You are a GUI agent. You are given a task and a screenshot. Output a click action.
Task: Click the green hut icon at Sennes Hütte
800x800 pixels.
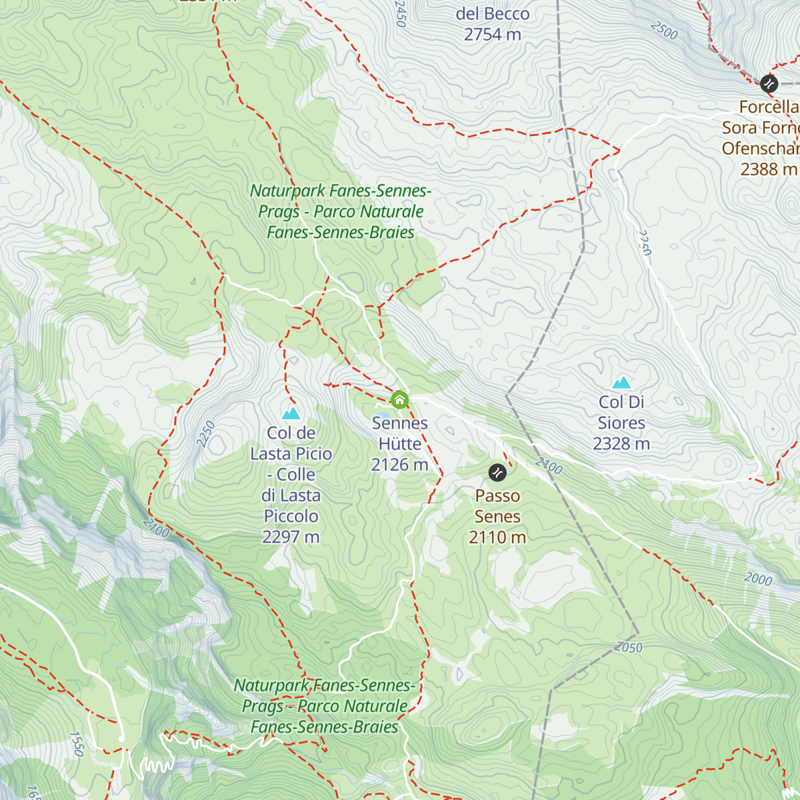pyautogui.click(x=399, y=400)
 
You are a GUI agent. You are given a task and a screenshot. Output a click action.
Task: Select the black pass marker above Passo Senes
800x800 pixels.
pyautogui.click(x=497, y=473)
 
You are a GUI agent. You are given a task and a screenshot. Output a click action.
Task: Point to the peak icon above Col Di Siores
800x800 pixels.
pyautogui.click(x=621, y=382)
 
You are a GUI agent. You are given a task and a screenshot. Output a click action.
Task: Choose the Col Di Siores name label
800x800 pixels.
pyautogui.click(x=621, y=412)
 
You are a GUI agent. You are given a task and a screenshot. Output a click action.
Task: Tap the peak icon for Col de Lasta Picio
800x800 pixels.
pyautogui.click(x=291, y=413)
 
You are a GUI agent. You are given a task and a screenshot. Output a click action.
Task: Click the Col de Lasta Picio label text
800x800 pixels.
pyautogui.click(x=291, y=474)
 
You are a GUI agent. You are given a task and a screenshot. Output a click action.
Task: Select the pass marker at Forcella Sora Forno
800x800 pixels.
pyautogui.click(x=769, y=83)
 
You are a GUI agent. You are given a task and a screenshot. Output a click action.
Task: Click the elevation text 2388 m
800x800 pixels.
pyautogui.click(x=768, y=169)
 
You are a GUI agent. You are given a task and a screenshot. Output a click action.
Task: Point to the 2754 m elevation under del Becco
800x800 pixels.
pyautogui.click(x=492, y=35)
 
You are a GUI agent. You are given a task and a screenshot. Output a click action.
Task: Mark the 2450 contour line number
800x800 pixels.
pyautogui.click(x=400, y=14)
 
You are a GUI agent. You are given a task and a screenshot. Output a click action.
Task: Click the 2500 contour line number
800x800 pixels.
pyautogui.click(x=664, y=31)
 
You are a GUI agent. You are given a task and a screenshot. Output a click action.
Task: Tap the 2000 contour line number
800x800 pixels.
pyautogui.click(x=758, y=579)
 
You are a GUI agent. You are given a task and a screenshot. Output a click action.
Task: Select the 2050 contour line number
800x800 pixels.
pyautogui.click(x=629, y=647)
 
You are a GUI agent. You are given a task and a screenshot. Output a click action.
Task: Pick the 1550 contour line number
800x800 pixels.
pyautogui.click(x=77, y=744)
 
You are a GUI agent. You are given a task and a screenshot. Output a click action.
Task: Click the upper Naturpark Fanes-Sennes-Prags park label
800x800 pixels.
pyautogui.click(x=341, y=211)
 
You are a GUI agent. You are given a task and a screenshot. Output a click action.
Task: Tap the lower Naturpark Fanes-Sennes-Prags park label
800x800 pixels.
pyautogui.click(x=325, y=706)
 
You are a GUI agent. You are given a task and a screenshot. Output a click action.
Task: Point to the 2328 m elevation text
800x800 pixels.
pyautogui.click(x=621, y=444)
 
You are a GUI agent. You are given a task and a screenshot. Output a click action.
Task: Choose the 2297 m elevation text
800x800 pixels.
pyautogui.click(x=291, y=537)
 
